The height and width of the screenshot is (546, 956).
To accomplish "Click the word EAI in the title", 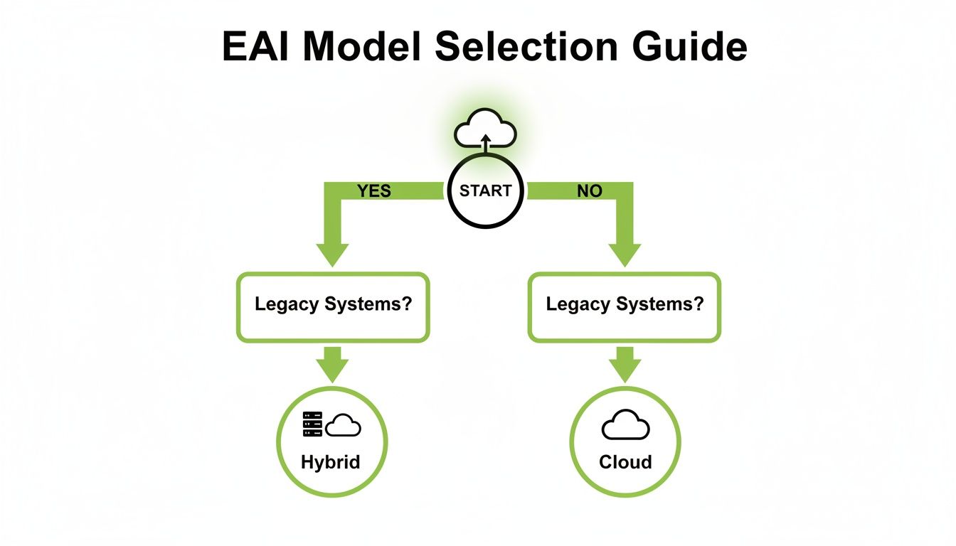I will pos(264,48).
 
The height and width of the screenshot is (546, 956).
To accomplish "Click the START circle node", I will pos(485,191).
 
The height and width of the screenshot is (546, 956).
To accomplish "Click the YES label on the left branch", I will pos(375,191).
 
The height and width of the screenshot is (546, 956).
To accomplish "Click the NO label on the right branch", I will pos(590,191).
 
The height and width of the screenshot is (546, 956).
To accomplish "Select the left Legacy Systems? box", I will pos(332,305).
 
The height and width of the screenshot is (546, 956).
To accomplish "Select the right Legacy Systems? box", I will pos(624,305).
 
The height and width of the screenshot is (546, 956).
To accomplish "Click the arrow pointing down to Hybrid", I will pos(332,365).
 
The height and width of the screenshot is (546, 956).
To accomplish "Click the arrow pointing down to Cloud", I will pos(625,365).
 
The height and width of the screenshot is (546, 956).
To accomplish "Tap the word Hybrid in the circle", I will pos(331,462).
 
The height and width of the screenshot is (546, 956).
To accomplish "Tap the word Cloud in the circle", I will pos(625,462).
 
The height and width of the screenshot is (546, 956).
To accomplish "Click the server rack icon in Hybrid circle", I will pos(312,424).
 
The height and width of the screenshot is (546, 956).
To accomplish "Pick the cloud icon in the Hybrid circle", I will pos(344,424).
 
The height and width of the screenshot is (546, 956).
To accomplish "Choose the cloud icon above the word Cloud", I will pos(625,425).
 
